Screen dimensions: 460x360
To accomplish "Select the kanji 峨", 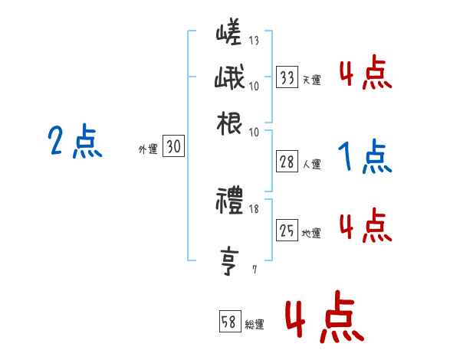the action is pos(229,78).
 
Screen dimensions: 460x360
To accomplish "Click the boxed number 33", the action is pos(287,77).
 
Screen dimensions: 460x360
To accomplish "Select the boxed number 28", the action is pos(287,162).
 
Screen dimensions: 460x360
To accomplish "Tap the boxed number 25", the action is pos(287,231).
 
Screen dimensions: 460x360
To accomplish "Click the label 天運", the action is pos(311,80).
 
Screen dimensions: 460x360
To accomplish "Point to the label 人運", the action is pos(311,164).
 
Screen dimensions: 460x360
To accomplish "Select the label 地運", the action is pos(311,233).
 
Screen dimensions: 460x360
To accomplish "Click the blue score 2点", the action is pos(74,142).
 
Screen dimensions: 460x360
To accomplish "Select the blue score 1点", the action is pos(364,158).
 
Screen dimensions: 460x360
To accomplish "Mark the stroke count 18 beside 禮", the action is pos(255,209).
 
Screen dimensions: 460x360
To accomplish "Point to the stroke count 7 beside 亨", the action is pos(255,270).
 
